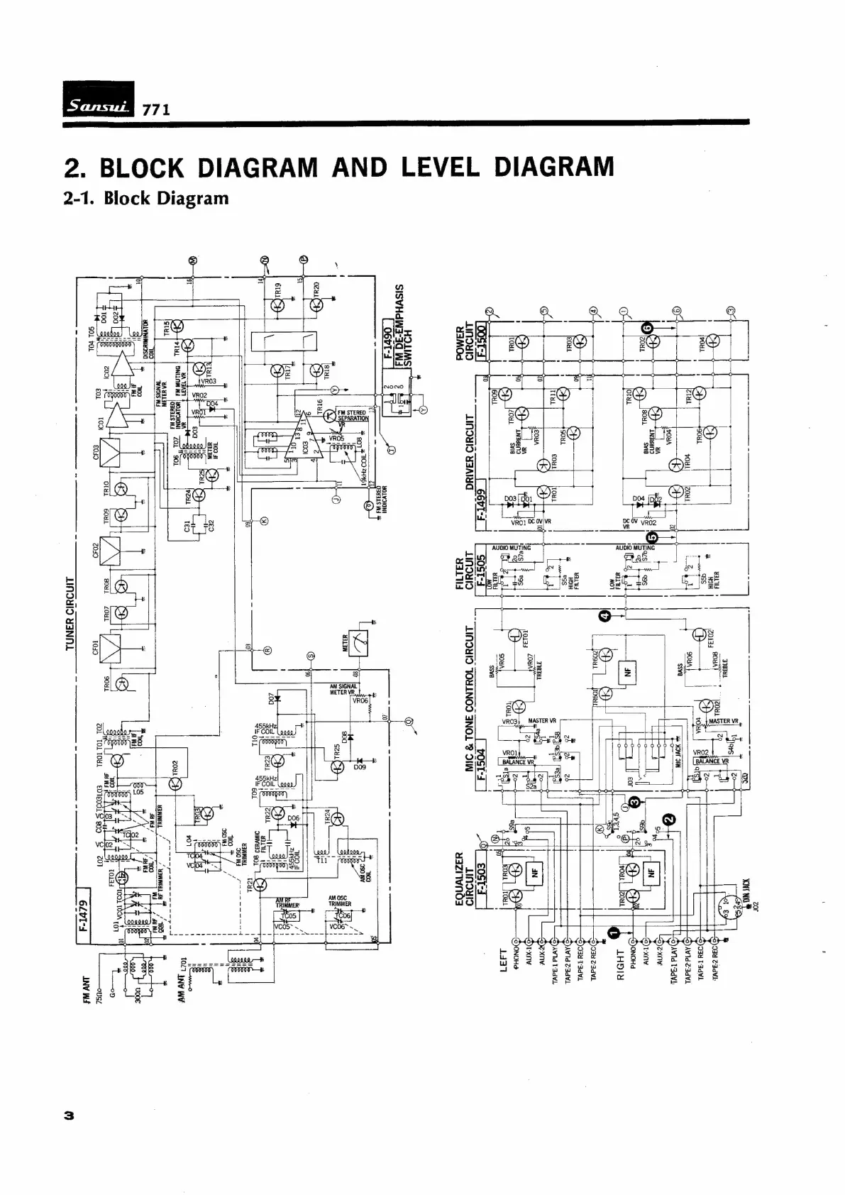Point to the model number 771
pyautogui.click(x=156, y=110)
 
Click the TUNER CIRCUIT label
pyautogui.click(x=70, y=613)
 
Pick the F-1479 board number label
pyautogui.click(x=82, y=915)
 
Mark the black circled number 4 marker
pyautogui.click(x=604, y=617)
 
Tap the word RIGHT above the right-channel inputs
pyautogui.click(x=620, y=964)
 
